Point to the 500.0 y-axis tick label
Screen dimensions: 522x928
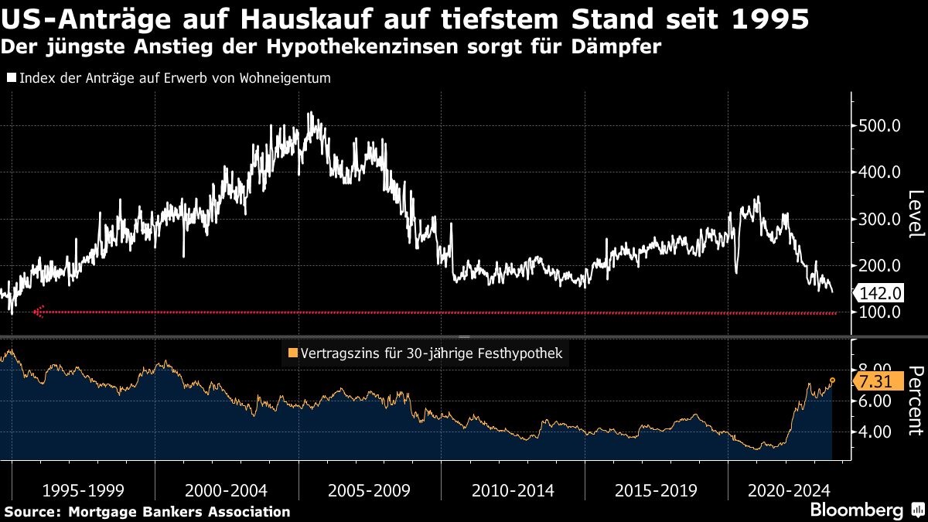click(880, 126)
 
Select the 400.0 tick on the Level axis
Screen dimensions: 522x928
click(880, 172)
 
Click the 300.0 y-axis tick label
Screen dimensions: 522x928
click(880, 219)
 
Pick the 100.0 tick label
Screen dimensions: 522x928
click(880, 312)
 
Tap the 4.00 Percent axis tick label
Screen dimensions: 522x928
click(875, 432)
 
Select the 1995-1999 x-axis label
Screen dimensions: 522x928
click(83, 490)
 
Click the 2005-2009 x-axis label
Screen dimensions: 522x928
click(370, 490)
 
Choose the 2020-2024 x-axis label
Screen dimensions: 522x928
click(790, 490)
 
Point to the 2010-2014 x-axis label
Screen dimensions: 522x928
click(513, 490)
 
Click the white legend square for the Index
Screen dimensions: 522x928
click(12, 78)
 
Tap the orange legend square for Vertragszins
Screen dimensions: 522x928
click(292, 354)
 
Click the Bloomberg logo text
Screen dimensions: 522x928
click(857, 510)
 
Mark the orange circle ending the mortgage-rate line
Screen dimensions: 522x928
click(833, 380)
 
